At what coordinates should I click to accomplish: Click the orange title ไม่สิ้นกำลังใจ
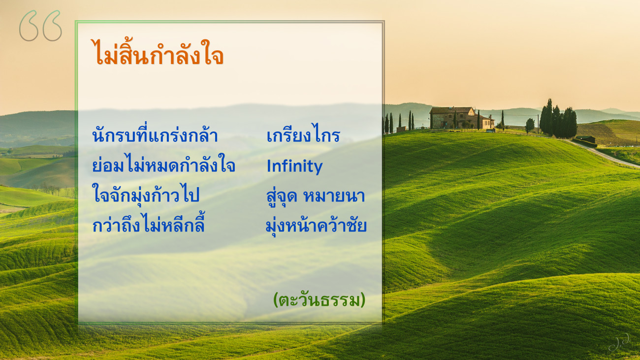[x=157, y=53]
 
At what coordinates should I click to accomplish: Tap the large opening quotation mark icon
[x=40, y=26]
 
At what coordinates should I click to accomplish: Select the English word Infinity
[x=294, y=166]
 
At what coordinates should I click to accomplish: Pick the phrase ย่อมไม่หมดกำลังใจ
[x=164, y=164]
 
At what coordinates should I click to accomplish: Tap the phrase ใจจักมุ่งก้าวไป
[x=145, y=195]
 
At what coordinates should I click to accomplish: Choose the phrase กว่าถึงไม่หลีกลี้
[x=148, y=223]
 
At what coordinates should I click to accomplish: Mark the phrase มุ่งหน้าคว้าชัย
[x=316, y=226]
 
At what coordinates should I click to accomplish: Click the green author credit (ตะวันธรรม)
[x=319, y=300]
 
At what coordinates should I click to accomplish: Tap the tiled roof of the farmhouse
[x=451, y=110]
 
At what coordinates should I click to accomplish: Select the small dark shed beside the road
[x=586, y=139]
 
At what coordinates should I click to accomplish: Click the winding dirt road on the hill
[x=603, y=153]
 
